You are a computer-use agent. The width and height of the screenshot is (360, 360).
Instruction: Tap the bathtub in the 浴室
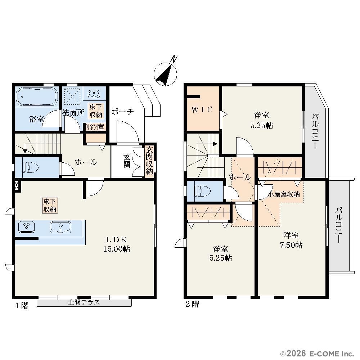(37, 96)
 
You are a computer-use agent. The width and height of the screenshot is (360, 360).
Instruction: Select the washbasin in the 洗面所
(94, 94)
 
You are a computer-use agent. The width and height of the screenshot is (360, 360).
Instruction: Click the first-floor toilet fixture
(30, 167)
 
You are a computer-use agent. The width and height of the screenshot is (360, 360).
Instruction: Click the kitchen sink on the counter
(60, 227)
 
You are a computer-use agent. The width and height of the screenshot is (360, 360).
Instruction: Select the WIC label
(202, 109)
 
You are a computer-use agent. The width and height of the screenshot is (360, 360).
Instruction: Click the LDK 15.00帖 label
(116, 244)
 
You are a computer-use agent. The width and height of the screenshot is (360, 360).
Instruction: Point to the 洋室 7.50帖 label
(291, 240)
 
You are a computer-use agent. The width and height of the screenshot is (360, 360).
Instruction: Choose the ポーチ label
(123, 112)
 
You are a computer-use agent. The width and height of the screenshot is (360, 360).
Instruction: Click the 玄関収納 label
(149, 161)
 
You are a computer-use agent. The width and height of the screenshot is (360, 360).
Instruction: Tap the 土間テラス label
(84, 302)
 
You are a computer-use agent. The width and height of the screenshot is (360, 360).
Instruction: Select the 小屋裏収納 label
(284, 194)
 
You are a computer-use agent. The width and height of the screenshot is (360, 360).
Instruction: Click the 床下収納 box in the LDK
(50, 205)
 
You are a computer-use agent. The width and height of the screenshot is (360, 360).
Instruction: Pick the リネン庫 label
(95, 127)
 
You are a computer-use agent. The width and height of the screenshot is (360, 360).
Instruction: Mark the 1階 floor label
(22, 306)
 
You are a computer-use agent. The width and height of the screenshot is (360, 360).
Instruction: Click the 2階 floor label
(192, 304)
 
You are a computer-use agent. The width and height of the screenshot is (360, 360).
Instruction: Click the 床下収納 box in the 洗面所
(96, 111)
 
